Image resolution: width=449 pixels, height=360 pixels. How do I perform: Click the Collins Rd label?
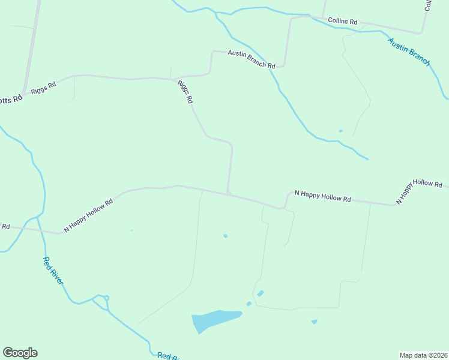point(343,21)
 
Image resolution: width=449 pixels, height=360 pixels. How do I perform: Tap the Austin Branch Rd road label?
point(251,59)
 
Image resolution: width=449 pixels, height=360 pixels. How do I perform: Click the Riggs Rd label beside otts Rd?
point(44,88)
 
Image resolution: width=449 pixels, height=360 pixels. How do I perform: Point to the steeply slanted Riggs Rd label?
point(184,92)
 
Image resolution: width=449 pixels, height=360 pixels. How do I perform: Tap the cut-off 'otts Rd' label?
point(10,99)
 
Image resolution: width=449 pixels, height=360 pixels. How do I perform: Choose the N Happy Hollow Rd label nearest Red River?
point(88,216)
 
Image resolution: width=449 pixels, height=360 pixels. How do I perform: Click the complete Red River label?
point(53,271)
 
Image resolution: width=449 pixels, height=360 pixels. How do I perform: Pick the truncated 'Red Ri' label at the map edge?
point(169,356)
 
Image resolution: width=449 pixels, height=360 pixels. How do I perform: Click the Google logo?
point(20,353)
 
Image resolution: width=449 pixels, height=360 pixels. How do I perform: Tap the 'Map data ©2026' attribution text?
point(424,355)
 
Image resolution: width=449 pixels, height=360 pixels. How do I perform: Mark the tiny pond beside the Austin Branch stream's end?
point(340,130)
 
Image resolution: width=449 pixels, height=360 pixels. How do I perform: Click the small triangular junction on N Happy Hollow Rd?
point(228,192)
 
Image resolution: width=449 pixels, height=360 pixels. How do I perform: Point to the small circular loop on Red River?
point(106,298)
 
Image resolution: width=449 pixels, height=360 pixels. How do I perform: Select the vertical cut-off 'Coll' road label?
point(429,5)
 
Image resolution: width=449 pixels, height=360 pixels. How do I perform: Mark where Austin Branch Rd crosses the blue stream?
point(272,68)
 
